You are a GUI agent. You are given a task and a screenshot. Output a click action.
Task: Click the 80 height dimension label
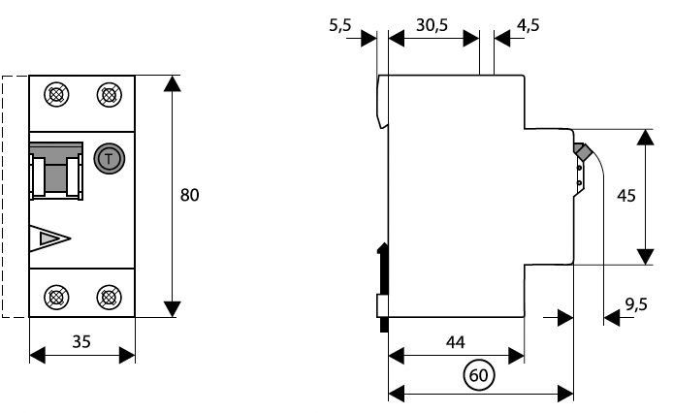(x=190, y=195)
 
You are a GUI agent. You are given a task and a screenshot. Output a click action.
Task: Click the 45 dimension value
(x=626, y=195)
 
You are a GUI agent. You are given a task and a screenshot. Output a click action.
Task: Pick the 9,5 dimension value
(x=636, y=304)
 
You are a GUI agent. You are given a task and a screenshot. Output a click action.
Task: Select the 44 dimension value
(x=454, y=341)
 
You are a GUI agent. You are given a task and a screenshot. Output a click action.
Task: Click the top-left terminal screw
(x=57, y=95)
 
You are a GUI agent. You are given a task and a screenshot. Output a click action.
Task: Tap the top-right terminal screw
(x=108, y=95)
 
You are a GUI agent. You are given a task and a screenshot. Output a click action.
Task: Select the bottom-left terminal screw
(x=57, y=297)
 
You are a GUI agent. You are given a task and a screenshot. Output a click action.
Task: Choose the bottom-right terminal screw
(x=108, y=297)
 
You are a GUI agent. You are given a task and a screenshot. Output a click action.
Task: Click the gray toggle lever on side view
(x=583, y=153)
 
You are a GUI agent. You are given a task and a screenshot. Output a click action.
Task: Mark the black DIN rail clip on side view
(x=383, y=271)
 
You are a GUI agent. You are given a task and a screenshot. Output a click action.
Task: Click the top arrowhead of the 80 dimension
(x=172, y=82)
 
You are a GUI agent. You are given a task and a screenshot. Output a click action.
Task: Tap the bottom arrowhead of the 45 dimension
(x=645, y=255)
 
